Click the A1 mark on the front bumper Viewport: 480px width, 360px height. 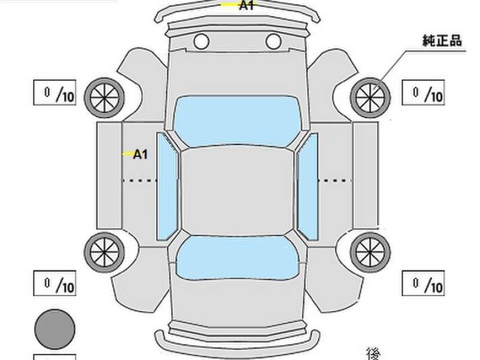point(247,5)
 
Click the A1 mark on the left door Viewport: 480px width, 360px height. point(140,154)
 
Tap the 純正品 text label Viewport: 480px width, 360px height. point(442,40)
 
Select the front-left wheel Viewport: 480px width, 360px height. point(104,98)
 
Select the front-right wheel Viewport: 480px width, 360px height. point(370,98)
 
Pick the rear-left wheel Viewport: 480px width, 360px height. point(104,252)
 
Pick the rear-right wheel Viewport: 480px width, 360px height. point(370,252)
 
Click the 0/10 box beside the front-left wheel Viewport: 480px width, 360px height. point(55,92)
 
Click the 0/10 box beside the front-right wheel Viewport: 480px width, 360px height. point(423,92)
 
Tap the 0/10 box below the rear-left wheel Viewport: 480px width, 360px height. point(55,283)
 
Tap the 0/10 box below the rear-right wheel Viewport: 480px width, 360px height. point(423,283)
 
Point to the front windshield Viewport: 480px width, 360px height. point(237,121)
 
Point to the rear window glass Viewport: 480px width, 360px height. point(237,258)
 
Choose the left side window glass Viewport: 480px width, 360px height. point(167,186)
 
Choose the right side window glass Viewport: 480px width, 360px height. point(307,186)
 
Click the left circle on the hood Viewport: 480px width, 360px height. point(202,41)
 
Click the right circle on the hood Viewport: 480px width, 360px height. point(274,41)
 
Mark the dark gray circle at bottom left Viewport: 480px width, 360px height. point(55,329)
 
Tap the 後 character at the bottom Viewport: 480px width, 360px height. point(373,353)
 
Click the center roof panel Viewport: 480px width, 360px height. point(237,191)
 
